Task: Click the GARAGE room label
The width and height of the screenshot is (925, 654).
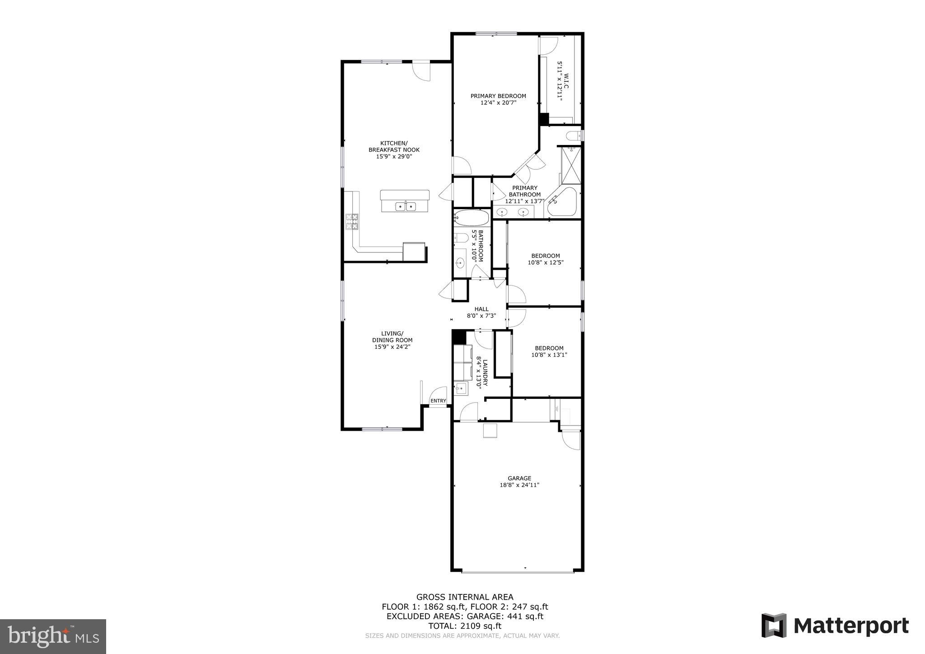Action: pyautogui.click(x=519, y=478)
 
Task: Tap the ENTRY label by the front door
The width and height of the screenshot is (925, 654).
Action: pyautogui.click(x=438, y=401)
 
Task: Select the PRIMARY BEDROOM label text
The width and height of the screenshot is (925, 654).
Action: pyautogui.click(x=498, y=96)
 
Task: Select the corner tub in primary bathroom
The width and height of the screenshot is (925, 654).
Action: pyautogui.click(x=562, y=203)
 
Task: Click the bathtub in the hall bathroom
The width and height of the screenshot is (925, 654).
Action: pyautogui.click(x=471, y=218)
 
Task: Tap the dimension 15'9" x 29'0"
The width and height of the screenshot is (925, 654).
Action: pyautogui.click(x=394, y=157)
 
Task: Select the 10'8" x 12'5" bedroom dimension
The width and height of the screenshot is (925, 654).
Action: pyautogui.click(x=545, y=262)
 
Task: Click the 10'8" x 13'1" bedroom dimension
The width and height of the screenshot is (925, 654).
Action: pyautogui.click(x=549, y=355)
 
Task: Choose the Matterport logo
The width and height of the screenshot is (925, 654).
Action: pyautogui.click(x=835, y=626)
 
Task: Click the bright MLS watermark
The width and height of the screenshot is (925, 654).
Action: pyautogui.click(x=53, y=636)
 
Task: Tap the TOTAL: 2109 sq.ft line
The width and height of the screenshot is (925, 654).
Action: pyautogui.click(x=465, y=626)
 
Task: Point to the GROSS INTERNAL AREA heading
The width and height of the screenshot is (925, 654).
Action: pyautogui.click(x=465, y=597)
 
